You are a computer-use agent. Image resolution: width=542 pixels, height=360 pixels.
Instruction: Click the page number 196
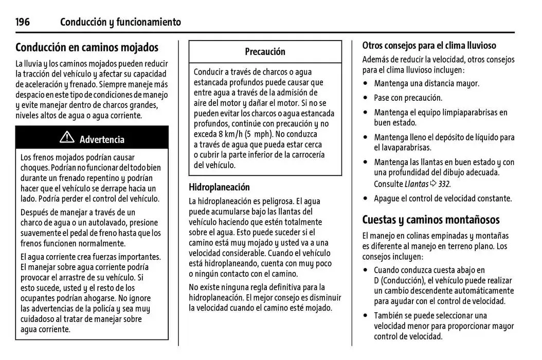(23, 22)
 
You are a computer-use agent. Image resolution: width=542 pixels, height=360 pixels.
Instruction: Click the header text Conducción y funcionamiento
(120, 22)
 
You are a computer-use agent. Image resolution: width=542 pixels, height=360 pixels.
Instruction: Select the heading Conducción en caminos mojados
(87, 47)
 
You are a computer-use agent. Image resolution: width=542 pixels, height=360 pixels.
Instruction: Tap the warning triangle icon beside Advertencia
(67, 138)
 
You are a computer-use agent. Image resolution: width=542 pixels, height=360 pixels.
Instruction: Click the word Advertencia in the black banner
(102, 139)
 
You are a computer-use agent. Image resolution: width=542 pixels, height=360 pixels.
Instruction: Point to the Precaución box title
(265, 51)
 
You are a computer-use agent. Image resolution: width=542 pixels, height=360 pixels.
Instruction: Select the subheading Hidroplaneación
(219, 187)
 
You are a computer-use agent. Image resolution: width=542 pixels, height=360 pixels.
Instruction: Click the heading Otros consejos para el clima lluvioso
(429, 45)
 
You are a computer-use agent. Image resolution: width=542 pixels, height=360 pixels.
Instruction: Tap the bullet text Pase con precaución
(408, 98)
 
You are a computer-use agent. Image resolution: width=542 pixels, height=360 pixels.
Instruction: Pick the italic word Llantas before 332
(416, 184)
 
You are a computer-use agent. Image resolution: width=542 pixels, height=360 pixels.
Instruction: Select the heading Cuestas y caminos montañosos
(430, 220)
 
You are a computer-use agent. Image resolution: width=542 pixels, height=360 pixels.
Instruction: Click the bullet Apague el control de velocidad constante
(443, 199)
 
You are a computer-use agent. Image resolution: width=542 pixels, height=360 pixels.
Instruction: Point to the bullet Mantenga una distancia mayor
(426, 83)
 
